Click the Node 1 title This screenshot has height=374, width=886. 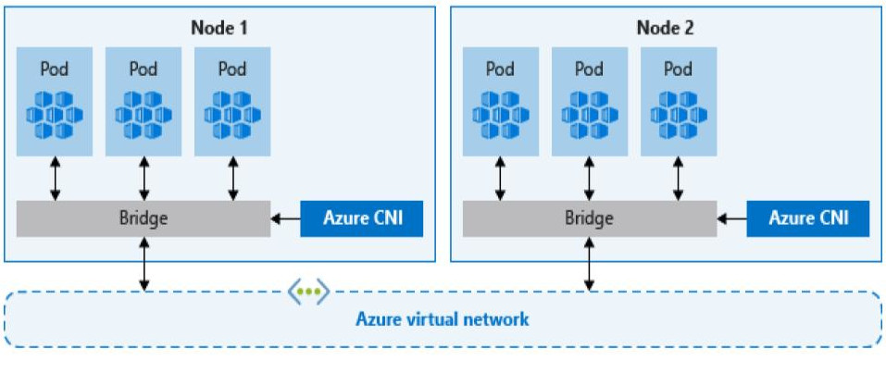(219, 27)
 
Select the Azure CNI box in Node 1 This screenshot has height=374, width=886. (361, 219)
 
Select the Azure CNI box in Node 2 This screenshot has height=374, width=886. (808, 219)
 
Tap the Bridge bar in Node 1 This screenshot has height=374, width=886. (144, 219)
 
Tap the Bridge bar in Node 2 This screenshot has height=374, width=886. (589, 219)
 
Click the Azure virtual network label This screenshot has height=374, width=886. (443, 319)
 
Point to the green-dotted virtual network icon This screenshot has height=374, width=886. (307, 293)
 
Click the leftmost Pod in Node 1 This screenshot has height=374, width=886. (55, 102)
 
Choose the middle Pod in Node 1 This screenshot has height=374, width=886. (144, 102)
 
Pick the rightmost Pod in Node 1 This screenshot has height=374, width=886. (233, 102)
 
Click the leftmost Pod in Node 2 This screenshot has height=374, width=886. (500, 102)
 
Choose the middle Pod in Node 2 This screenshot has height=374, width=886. (590, 102)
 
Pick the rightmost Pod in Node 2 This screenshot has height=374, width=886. (679, 102)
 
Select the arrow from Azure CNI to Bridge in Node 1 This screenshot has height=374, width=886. (285, 219)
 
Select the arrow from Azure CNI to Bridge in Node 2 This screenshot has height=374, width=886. (731, 219)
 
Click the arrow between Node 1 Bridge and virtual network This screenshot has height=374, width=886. (144, 264)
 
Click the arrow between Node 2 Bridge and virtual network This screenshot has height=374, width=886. (590, 264)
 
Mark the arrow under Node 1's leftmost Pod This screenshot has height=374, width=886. (55, 178)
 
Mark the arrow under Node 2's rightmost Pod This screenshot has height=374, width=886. (679, 178)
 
